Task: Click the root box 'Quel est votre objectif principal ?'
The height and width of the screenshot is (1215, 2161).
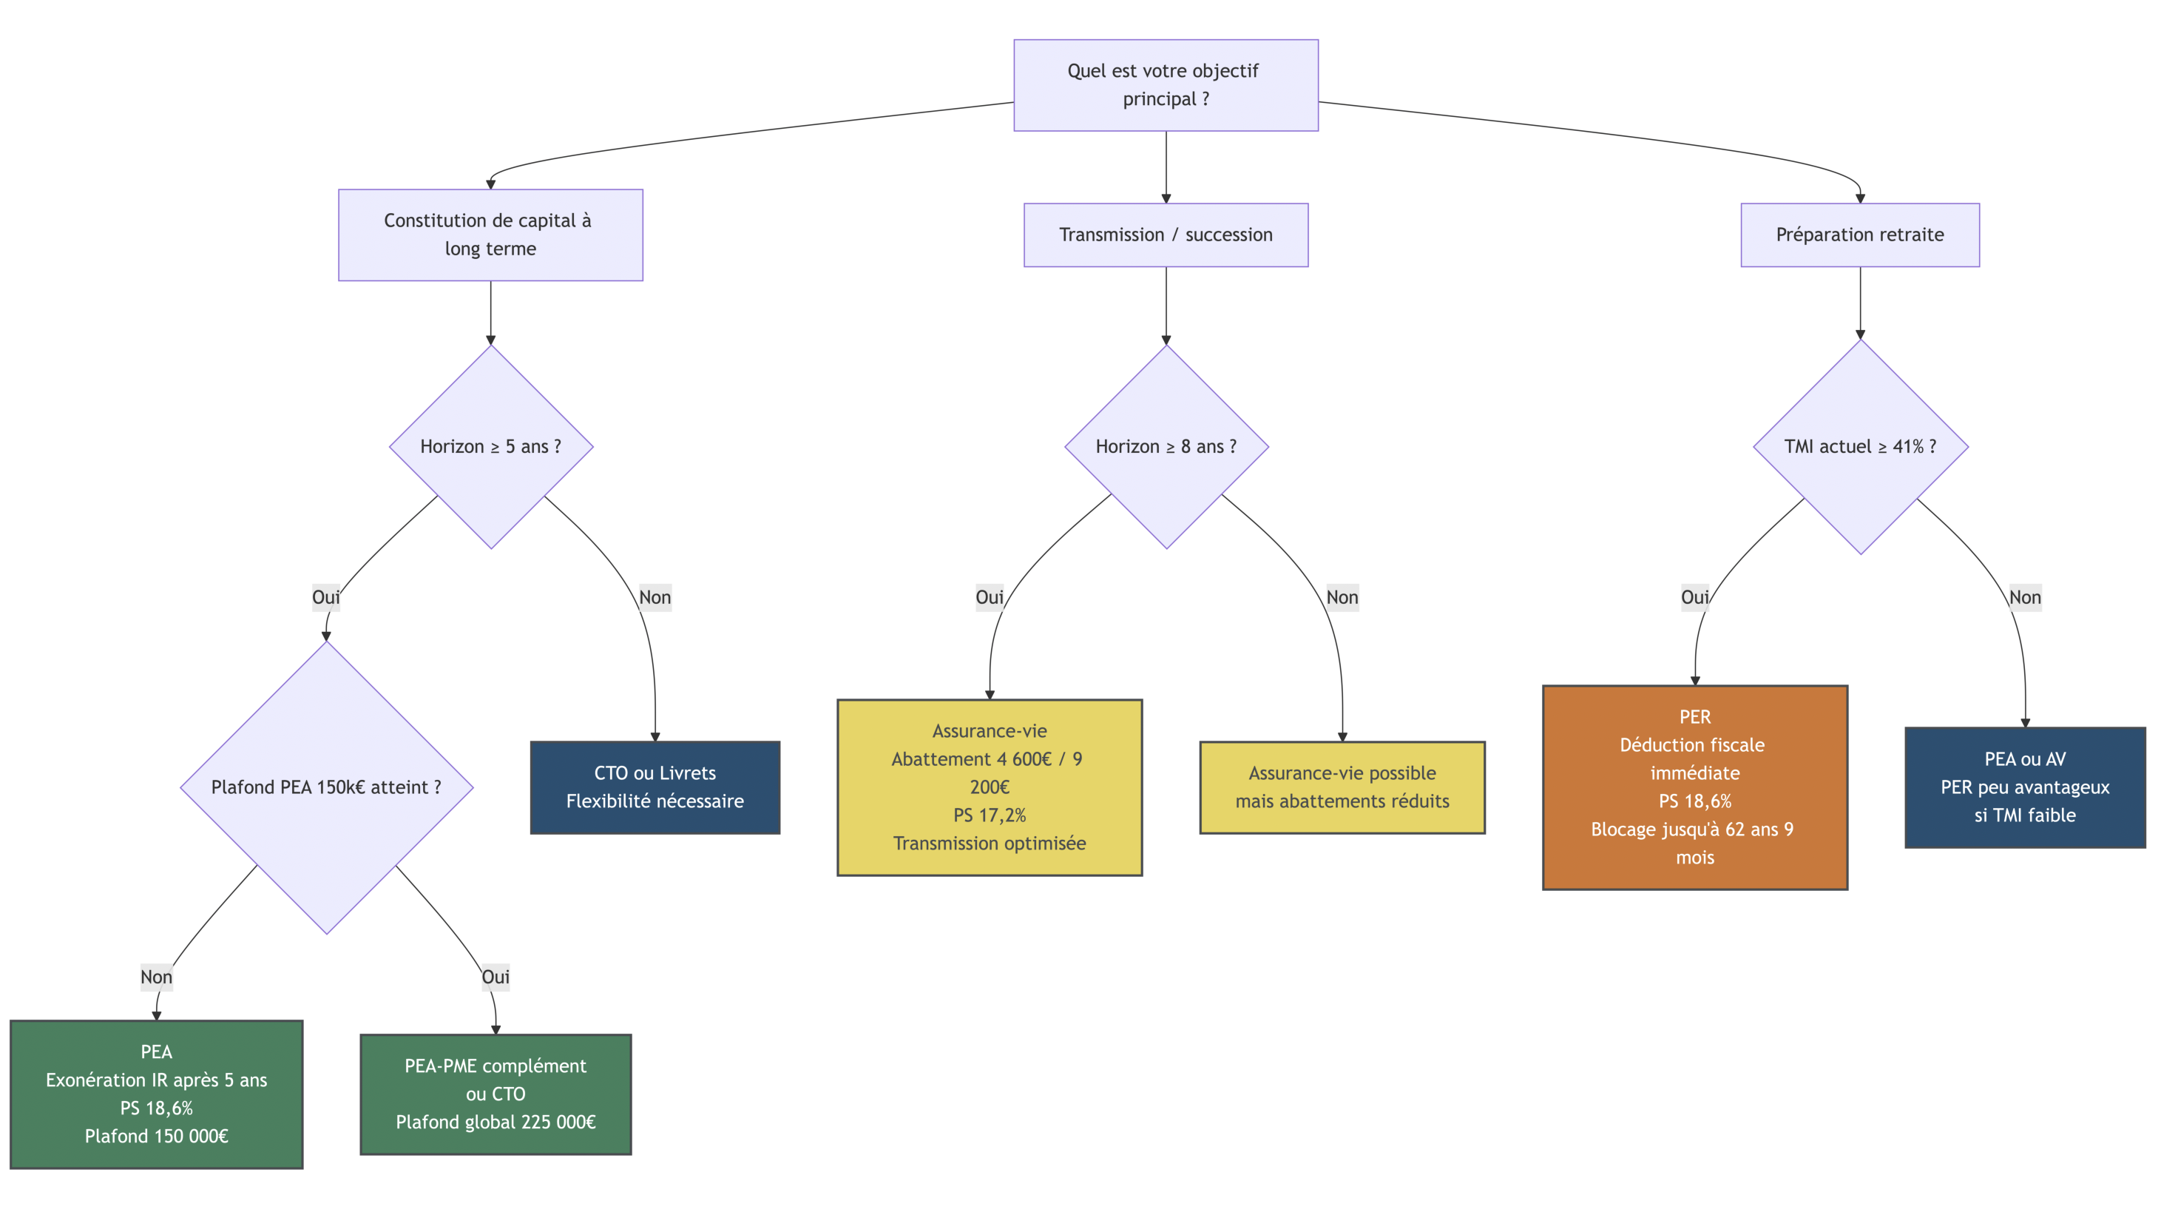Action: (x=1166, y=85)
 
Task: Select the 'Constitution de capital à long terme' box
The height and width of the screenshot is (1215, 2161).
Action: (x=490, y=235)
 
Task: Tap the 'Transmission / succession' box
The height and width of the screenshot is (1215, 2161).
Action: (x=1166, y=235)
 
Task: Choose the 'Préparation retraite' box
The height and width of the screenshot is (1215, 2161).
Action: (x=1860, y=235)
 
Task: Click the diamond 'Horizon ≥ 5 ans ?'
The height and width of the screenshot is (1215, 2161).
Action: (x=491, y=446)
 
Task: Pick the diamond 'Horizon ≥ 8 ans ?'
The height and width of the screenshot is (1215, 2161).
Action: (x=1166, y=446)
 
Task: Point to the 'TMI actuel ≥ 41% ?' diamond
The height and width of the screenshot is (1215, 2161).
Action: (x=1860, y=446)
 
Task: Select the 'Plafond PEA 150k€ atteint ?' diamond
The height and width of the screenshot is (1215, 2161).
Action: (x=326, y=787)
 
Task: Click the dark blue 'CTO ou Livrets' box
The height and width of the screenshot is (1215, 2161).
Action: (x=655, y=787)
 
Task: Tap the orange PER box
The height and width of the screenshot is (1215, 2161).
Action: (x=1694, y=787)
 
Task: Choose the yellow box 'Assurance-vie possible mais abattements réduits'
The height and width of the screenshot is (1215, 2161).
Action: (x=1342, y=787)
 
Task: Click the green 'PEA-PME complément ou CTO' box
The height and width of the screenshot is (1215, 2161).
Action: (x=496, y=1094)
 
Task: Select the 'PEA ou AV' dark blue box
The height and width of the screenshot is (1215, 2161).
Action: (x=2025, y=787)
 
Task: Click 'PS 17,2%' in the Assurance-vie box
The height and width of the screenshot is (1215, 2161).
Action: (x=989, y=815)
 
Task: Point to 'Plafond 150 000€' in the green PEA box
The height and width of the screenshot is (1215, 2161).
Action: (x=156, y=1136)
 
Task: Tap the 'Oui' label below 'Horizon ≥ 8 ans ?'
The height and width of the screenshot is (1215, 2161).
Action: (x=989, y=597)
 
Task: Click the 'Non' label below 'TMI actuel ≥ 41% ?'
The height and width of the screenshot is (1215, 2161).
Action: (x=2025, y=597)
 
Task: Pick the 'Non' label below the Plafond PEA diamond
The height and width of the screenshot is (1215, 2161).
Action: (x=156, y=977)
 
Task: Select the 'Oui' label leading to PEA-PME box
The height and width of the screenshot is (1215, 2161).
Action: (x=496, y=977)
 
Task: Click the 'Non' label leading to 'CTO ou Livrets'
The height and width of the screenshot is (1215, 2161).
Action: (x=655, y=597)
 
